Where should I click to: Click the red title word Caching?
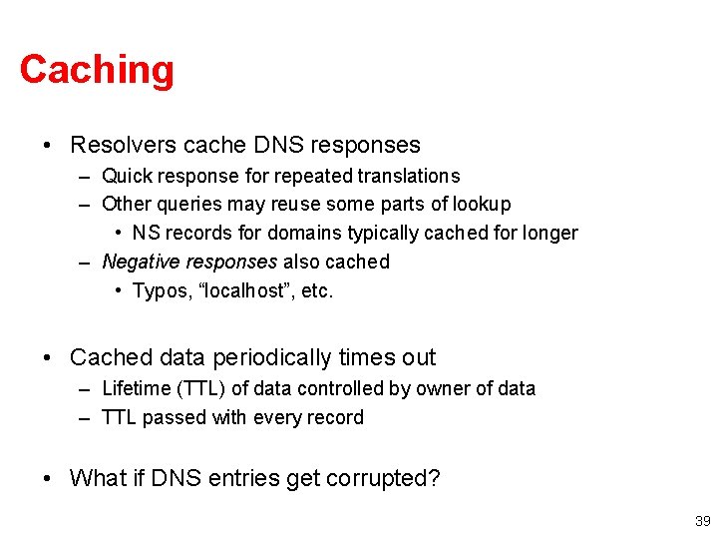coord(97,70)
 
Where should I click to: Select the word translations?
coord(407,176)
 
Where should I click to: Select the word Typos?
coord(159,290)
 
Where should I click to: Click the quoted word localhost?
coord(241,290)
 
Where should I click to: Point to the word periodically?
coord(257,357)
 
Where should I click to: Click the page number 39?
coord(702,521)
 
